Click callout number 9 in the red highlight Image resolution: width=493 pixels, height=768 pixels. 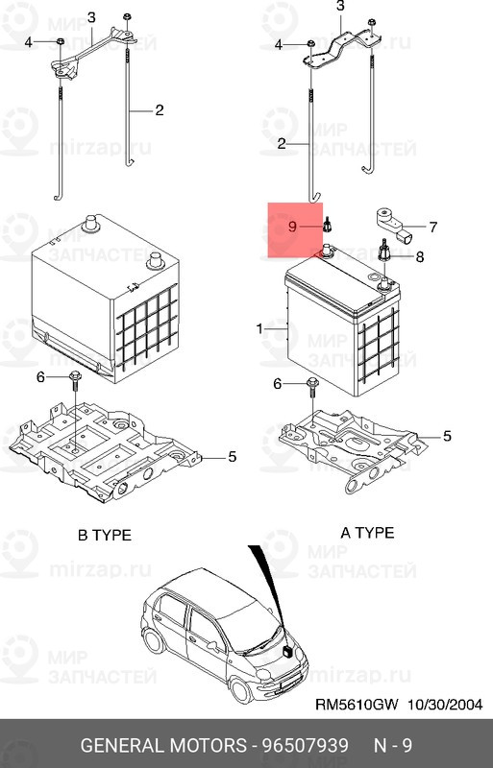point(292,227)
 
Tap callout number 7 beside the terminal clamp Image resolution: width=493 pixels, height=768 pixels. point(432,227)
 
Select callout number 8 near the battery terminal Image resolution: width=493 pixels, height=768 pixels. point(419,256)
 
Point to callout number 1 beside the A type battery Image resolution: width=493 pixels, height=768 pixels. point(259,328)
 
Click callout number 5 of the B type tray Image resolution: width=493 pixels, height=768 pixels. point(232,457)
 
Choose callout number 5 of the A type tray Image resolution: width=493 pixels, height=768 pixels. point(447,436)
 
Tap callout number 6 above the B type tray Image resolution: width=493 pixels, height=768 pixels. point(40,376)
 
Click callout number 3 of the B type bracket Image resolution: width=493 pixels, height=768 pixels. point(91,17)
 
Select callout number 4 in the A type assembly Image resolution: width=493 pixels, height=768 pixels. point(278,45)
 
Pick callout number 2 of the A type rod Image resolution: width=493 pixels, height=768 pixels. point(281,143)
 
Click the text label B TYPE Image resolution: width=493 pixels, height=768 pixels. point(105,535)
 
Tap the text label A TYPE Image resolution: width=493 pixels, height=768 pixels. point(367,533)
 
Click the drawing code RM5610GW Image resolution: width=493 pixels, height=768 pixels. point(357,705)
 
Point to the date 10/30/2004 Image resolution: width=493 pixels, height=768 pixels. point(445,705)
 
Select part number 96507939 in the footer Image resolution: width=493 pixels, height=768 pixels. point(305,746)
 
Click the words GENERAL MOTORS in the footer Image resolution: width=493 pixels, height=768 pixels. point(163,746)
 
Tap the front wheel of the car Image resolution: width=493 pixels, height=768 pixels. point(242,689)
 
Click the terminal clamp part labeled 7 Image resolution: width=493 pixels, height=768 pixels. point(394,226)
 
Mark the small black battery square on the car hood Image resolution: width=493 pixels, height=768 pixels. point(287,652)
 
